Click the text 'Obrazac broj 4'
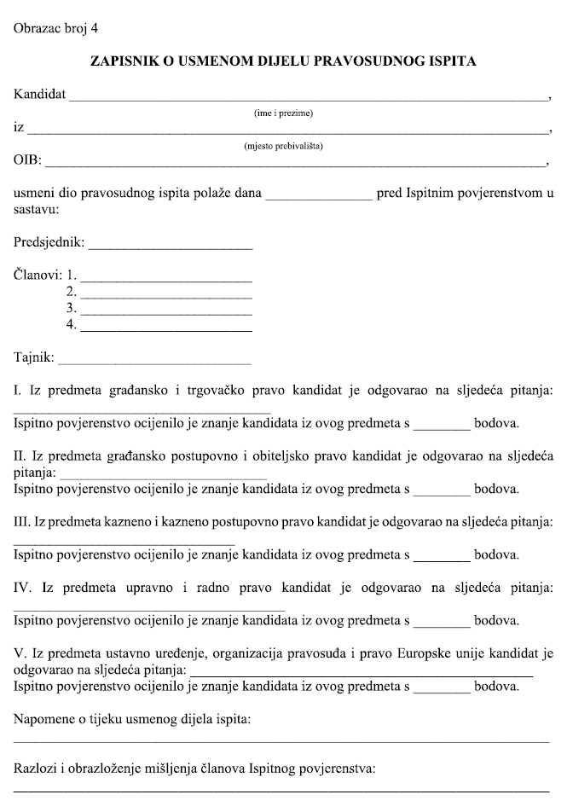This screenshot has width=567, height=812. click(55, 28)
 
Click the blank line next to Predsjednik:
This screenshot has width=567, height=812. click(170, 247)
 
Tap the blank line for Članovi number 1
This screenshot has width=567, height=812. click(165, 280)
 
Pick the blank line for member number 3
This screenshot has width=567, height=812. click(165, 312)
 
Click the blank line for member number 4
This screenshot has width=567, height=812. click(165, 328)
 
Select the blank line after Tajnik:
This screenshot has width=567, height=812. click(154, 362)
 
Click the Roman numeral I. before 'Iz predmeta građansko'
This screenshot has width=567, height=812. click(16, 391)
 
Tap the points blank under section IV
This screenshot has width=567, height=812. click(442, 620)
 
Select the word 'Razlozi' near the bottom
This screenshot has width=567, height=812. click(35, 768)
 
